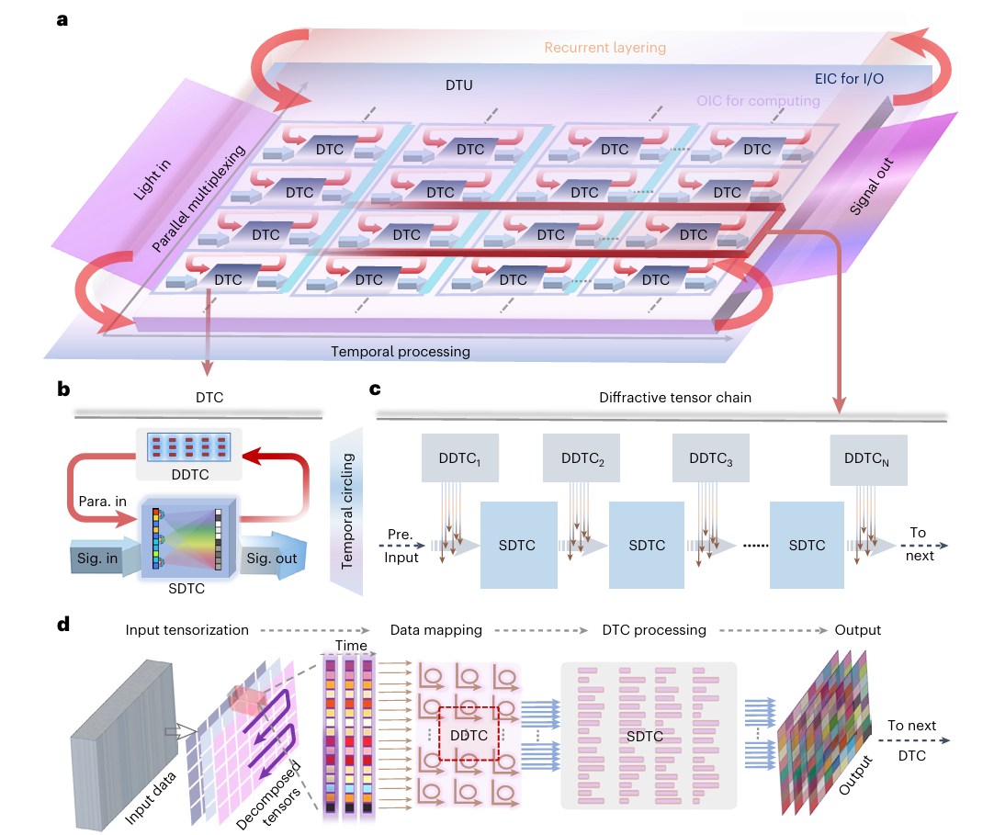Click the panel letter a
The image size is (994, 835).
[62, 17]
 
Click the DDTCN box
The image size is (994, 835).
[867, 460]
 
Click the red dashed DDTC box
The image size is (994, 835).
[469, 734]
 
